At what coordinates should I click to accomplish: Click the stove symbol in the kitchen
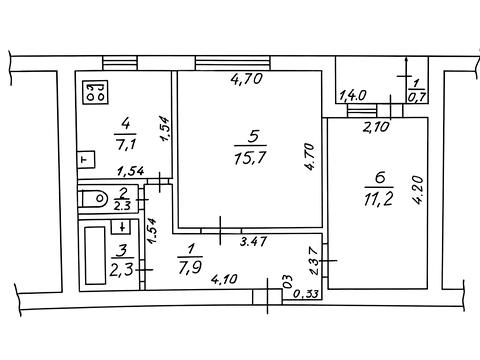coord(95,93)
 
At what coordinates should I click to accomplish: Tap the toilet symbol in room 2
coord(94,199)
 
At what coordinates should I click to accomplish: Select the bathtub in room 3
coord(95,256)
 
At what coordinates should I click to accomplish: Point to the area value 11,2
coord(378,200)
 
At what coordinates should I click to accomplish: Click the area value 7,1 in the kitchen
coord(125,144)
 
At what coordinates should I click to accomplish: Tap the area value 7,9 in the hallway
coord(190,268)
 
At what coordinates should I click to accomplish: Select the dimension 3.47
coord(254,241)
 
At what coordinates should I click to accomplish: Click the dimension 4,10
coord(224,278)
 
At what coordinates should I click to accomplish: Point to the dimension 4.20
coord(418,189)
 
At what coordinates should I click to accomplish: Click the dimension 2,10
coord(376,127)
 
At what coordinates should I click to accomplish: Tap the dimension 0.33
coord(306,294)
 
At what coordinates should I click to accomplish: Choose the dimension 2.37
coord(315,260)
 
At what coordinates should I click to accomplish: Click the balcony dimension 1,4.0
coord(352,96)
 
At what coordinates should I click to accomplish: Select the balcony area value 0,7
coord(416,97)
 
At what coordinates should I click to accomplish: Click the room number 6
coord(380,178)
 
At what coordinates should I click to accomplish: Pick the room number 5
coord(253,136)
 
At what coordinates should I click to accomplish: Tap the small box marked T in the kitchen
coord(86,160)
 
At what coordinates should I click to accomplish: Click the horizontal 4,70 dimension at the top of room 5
coord(247,79)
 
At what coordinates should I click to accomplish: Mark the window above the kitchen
coord(120,63)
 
